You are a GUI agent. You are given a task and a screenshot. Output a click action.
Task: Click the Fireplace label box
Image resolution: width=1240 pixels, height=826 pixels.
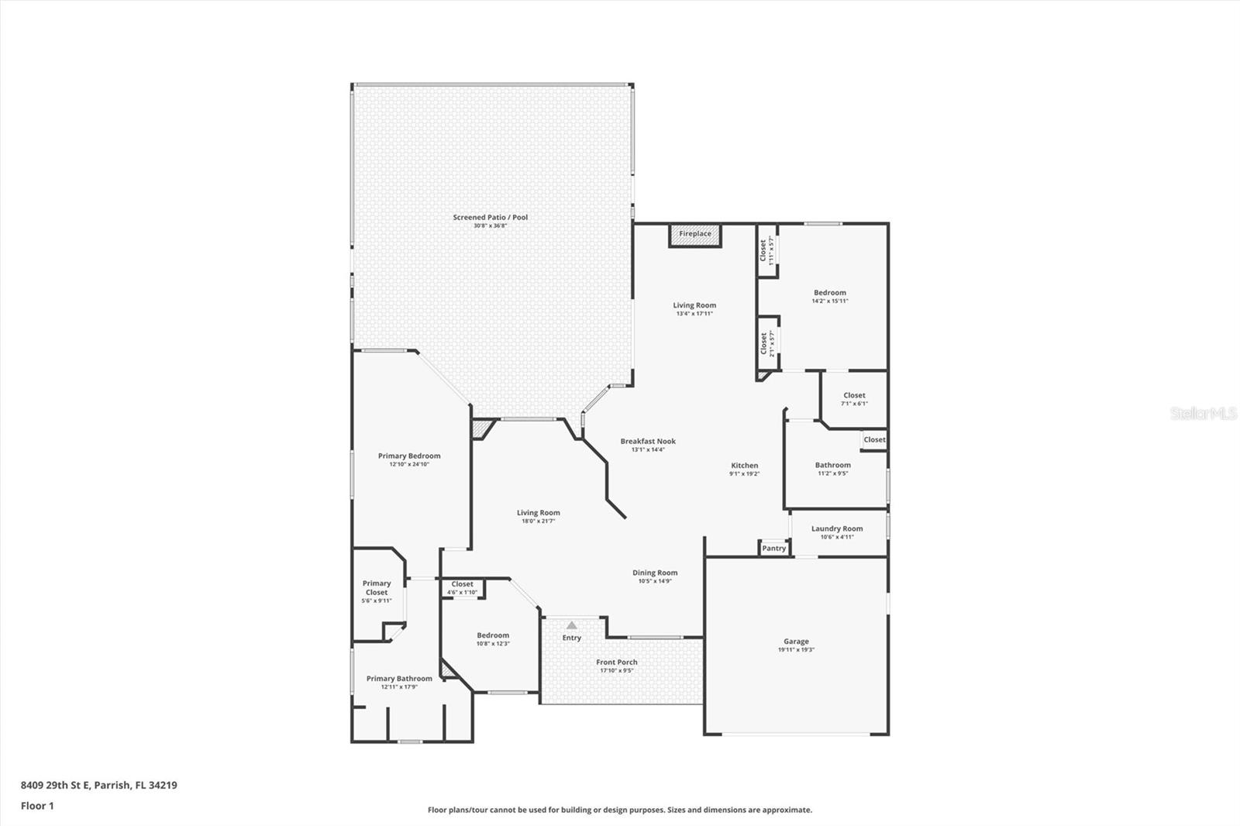coord(695,235)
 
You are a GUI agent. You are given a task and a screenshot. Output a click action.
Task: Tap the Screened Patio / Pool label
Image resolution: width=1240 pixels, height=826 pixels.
coord(490,218)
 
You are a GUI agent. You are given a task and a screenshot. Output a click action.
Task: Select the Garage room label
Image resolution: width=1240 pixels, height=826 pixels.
coord(796,642)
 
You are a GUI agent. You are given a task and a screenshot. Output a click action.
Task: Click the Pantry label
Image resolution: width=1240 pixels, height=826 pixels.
coord(773,549)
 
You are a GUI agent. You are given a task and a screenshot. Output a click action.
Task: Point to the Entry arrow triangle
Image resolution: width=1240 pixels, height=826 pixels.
coord(571,625)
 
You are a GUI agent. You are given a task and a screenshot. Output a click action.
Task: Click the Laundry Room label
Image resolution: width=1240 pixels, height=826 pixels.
coord(837,529)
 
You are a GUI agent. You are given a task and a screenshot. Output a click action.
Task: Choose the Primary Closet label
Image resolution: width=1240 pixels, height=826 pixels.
coord(377,588)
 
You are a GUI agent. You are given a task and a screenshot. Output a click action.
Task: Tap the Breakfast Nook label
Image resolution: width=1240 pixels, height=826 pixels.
coord(648,442)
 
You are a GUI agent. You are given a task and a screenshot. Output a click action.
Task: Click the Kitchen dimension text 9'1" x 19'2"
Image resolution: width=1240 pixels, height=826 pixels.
coord(744,474)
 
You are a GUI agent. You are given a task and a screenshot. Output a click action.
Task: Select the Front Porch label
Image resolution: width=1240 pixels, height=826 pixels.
coord(617,663)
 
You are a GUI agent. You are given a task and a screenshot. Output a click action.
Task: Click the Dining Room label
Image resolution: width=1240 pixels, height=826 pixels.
coord(655,573)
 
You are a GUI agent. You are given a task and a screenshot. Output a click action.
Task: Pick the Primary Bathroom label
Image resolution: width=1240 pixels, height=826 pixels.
coord(399,679)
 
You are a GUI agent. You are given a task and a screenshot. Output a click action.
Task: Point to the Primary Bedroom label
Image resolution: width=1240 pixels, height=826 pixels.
coord(409,456)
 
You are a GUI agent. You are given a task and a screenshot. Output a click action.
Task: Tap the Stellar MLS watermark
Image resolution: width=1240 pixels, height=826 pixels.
coord(1204,414)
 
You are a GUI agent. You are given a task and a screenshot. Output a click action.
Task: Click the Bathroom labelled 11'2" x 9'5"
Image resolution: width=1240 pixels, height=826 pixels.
coord(833,466)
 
